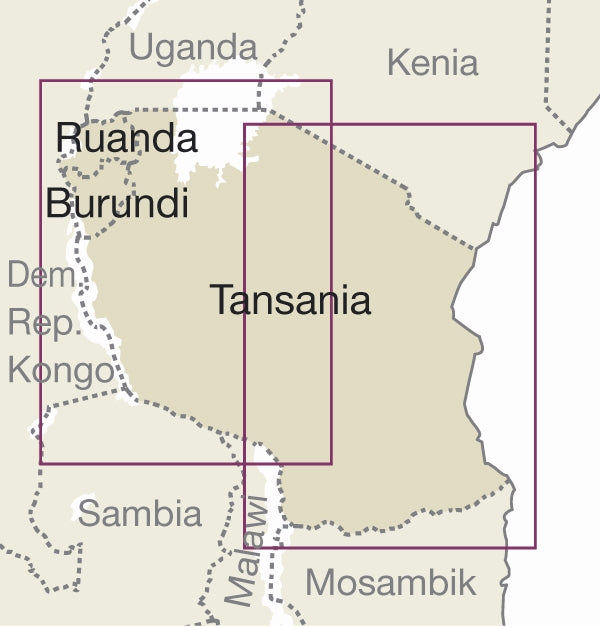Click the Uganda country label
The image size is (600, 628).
194,47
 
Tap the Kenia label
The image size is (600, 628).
432,63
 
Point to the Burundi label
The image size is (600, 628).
117,204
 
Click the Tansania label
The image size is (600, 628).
290,300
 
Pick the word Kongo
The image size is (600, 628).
60,371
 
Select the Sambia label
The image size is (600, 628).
139,514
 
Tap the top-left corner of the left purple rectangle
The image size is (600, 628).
41,81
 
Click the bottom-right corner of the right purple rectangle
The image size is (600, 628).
535,547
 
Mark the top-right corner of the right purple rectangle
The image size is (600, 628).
535,125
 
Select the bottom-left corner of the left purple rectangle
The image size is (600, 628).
41,463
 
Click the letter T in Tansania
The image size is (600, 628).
221,300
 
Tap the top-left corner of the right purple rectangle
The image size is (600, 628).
245,125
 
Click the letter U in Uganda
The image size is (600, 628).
142,47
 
